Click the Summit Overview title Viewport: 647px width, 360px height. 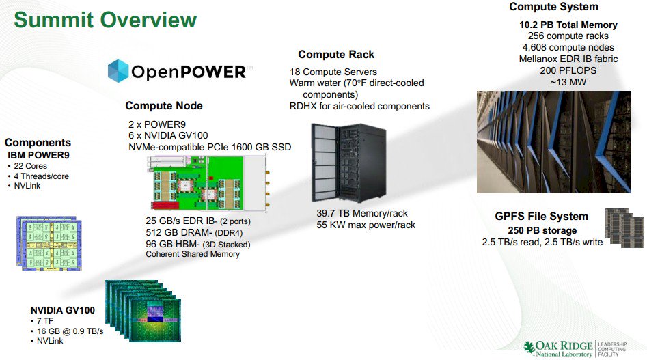[x=105, y=20]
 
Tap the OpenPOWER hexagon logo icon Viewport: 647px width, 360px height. [x=118, y=71]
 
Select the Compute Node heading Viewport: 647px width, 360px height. [x=164, y=106]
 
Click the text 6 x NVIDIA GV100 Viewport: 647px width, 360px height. [x=168, y=135]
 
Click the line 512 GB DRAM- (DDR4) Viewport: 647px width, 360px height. [x=194, y=232]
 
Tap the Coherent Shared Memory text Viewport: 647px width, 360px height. [x=192, y=254]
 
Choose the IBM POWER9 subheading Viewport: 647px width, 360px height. [x=38, y=156]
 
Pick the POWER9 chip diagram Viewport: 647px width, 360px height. [x=49, y=243]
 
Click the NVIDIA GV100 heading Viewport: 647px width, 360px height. [x=63, y=310]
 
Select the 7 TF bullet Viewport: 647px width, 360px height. [x=42, y=321]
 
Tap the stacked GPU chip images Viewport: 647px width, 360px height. [x=143, y=311]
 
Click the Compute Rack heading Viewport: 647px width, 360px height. [x=336, y=55]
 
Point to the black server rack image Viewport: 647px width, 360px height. [x=349, y=163]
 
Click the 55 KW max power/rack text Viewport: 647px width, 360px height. [x=366, y=225]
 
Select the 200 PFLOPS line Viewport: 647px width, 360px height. [x=568, y=70]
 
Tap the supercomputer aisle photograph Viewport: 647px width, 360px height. [x=554, y=142]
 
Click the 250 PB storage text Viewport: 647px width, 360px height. [x=542, y=230]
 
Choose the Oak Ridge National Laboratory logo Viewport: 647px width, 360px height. [x=575, y=349]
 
